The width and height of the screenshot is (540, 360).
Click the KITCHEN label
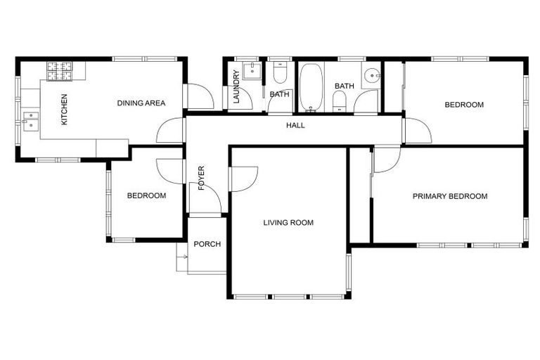pos(64,109)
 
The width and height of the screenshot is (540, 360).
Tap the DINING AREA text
pos(141,103)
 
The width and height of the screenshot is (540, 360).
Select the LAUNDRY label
pos(236,87)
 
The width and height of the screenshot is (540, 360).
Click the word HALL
pos(295,125)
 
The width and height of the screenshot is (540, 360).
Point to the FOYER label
pos(201,178)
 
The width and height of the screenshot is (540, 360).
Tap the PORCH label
pos(207,244)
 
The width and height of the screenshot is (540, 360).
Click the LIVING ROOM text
pos(288,223)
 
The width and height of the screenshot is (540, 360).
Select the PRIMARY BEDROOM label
pos(449,196)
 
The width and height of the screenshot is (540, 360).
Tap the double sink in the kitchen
pos(30,121)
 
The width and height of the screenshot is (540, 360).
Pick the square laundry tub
pos(252,71)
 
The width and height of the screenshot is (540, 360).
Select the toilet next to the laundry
pos(280,74)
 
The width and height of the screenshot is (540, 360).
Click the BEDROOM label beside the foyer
pos(146,195)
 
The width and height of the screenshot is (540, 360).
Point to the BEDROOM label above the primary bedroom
pos(464,105)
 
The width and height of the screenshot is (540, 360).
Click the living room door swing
pos(243,178)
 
